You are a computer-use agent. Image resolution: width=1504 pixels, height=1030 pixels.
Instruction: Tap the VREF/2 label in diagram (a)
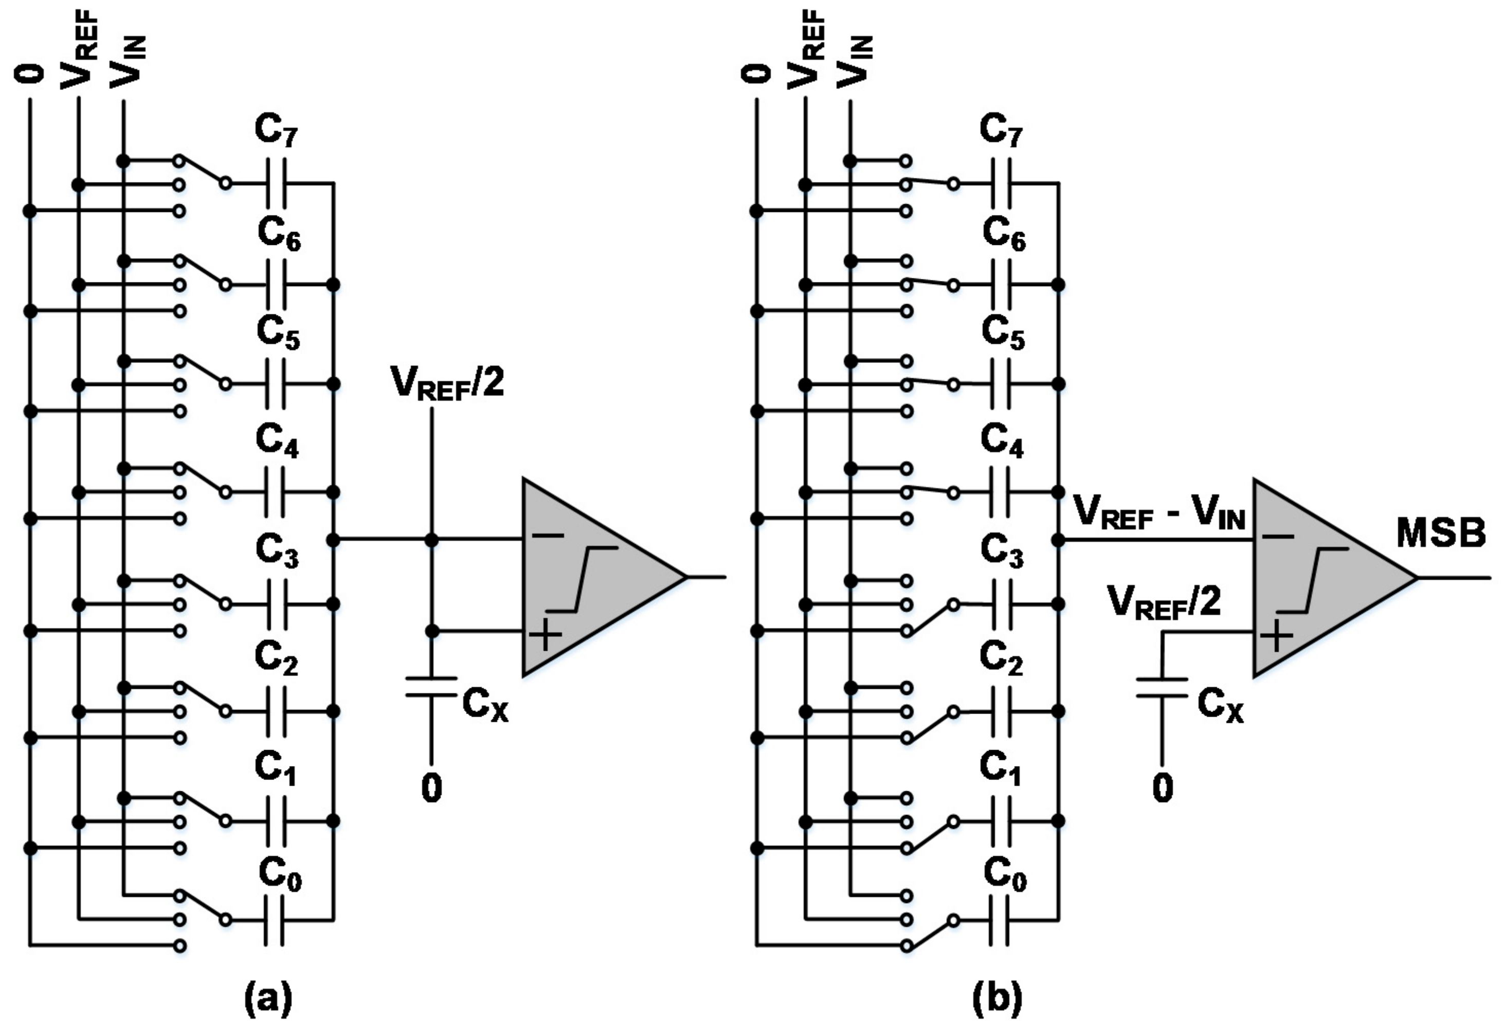446,384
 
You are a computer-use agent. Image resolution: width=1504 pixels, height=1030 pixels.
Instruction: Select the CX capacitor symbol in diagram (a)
431,687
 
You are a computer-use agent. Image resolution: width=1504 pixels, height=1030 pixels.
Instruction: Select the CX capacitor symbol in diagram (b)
1162,687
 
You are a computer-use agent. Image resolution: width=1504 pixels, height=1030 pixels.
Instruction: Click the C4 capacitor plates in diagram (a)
275,492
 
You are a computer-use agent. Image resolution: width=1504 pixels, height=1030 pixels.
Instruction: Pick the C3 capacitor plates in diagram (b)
1001,604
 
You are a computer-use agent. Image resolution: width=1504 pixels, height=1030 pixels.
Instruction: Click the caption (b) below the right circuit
998,998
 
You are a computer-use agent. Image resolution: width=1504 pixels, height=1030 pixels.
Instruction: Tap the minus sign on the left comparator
549,536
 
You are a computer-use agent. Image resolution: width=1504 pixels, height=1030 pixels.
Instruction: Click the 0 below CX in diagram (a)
431,789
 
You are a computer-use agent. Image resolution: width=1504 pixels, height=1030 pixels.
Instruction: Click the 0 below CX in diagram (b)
1162,789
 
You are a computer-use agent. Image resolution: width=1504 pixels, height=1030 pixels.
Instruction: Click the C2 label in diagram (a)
277,659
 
